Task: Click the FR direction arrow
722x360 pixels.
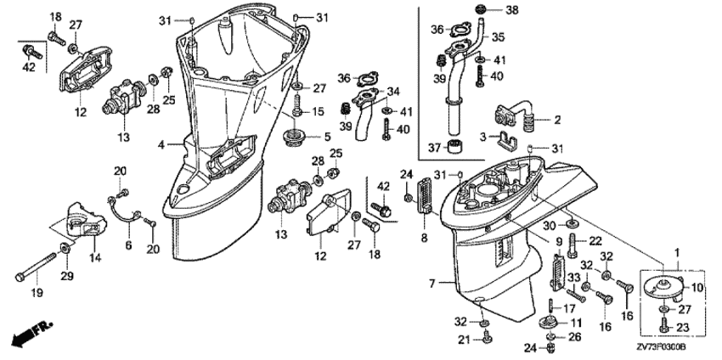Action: point(30,334)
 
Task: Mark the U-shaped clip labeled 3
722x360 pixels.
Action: point(507,138)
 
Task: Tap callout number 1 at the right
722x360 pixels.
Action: point(676,251)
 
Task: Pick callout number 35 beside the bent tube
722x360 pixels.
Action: point(498,37)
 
